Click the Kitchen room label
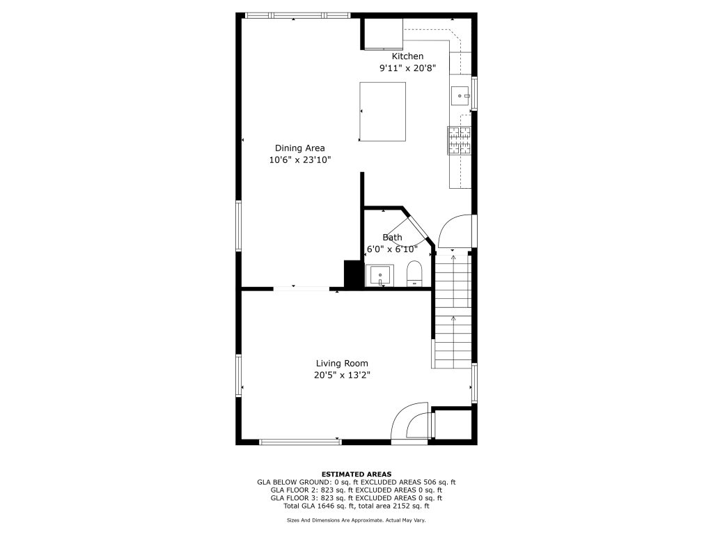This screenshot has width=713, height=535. point(407,56)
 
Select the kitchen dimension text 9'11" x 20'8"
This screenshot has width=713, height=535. point(408,68)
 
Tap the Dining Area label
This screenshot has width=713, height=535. point(299,148)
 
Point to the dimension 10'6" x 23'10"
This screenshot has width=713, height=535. point(299,160)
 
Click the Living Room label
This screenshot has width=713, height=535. point(342,364)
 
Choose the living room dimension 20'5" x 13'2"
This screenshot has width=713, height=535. point(342,375)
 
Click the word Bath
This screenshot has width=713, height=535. point(392,238)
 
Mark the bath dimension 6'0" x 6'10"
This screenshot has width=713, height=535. point(392,249)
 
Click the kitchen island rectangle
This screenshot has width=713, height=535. point(382,111)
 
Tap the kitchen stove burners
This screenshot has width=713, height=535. point(459,141)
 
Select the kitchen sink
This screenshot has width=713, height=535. point(460,96)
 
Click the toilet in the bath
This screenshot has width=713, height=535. point(414,273)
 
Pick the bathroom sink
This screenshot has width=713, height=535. point(379,276)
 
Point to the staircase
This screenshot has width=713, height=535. point(453,311)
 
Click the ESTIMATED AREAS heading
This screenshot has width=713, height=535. point(356,474)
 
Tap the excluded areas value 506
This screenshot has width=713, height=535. point(430,482)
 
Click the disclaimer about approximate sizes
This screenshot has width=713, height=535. point(356,520)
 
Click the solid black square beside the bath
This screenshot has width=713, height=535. point(352,274)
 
